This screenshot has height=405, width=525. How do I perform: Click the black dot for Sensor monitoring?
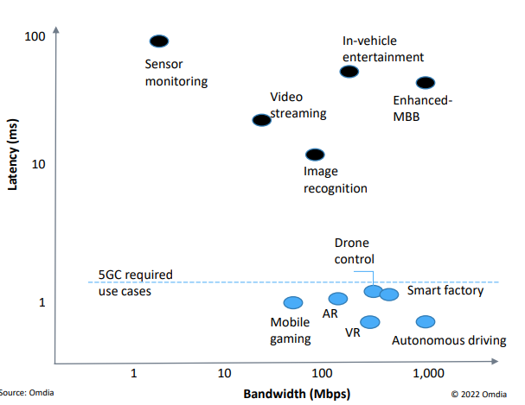click(x=159, y=41)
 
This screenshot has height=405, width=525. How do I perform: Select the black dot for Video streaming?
click(x=261, y=120)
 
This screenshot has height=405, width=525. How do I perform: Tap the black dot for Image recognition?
click(x=316, y=155)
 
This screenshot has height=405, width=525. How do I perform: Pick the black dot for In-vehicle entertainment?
click(x=349, y=72)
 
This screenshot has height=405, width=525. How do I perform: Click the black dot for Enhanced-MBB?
click(x=426, y=83)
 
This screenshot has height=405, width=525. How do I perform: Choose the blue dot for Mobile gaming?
click(x=293, y=302)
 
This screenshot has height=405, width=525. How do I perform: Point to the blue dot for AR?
click(x=338, y=299)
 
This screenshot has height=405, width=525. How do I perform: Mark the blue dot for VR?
click(x=370, y=322)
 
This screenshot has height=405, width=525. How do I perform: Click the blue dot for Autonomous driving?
click(x=425, y=322)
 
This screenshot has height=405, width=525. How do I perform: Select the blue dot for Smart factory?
click(x=389, y=294)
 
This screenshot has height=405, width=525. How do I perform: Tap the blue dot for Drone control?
click(x=373, y=291)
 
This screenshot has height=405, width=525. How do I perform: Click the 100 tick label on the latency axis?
click(x=35, y=37)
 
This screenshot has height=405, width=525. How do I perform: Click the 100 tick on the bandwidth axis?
click(x=322, y=373)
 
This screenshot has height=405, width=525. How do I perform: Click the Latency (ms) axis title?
click(x=14, y=165)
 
